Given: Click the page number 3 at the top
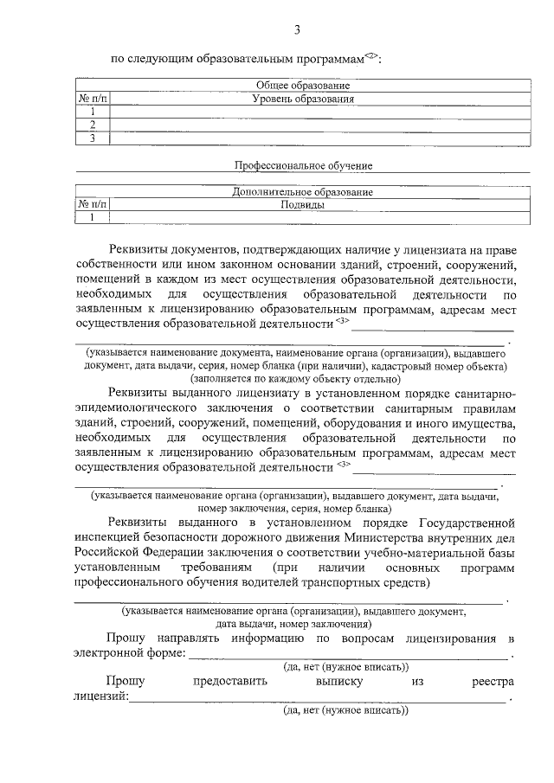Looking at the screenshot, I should [x=297, y=31].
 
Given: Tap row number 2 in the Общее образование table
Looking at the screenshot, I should [x=92, y=125].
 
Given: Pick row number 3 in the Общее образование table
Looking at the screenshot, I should [x=92, y=138].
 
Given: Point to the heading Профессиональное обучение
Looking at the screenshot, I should [x=303, y=164].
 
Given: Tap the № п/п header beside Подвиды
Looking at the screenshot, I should [x=93, y=205].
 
